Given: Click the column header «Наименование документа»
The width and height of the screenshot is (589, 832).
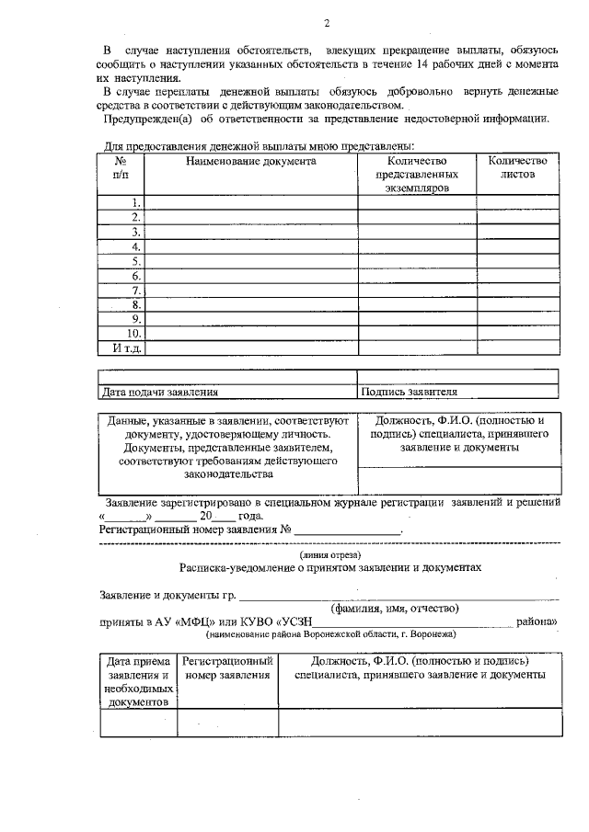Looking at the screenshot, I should click(x=250, y=161).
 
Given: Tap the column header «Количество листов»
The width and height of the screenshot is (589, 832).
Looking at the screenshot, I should click(x=517, y=167).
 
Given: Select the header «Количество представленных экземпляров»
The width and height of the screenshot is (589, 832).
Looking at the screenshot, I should click(x=416, y=174).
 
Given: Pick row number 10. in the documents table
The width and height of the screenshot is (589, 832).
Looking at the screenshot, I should click(x=133, y=333).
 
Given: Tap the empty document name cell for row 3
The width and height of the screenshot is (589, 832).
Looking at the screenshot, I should click(x=251, y=233).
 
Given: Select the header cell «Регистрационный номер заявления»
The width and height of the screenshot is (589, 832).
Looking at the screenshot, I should click(x=227, y=668).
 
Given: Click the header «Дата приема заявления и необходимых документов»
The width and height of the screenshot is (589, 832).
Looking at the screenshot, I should click(x=137, y=681).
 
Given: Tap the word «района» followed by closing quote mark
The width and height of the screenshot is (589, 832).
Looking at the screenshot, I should click(x=536, y=621).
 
